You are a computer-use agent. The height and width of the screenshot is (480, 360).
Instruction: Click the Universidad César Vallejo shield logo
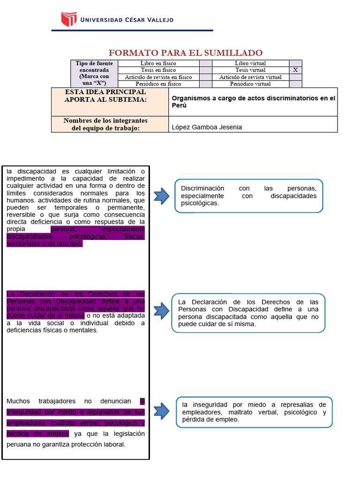click(68, 19)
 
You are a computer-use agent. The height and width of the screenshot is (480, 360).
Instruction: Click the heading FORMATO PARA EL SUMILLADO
click(186, 52)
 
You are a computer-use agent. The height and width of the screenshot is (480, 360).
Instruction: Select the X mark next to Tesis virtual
click(295, 70)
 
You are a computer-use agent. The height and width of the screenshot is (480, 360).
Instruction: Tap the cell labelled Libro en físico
click(158, 63)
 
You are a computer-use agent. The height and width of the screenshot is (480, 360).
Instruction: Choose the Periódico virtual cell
click(250, 84)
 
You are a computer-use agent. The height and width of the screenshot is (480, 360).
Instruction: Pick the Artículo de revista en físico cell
click(158, 77)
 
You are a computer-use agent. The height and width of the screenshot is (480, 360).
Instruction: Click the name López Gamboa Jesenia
click(207, 127)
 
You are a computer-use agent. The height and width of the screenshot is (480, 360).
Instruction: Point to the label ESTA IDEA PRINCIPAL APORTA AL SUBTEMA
click(105, 96)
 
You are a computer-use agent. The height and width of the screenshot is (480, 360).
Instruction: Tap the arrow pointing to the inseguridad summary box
click(161, 411)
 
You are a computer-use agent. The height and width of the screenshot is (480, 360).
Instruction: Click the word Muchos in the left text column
click(18, 401)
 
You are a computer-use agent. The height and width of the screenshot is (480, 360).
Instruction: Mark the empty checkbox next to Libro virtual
click(295, 63)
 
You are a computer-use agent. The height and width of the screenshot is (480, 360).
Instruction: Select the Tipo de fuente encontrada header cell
click(92, 73)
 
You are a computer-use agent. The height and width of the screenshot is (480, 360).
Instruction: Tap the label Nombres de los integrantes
click(105, 120)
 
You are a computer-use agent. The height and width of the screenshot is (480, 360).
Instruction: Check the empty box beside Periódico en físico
click(206, 84)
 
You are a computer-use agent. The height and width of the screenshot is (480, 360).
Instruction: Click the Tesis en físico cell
click(158, 70)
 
